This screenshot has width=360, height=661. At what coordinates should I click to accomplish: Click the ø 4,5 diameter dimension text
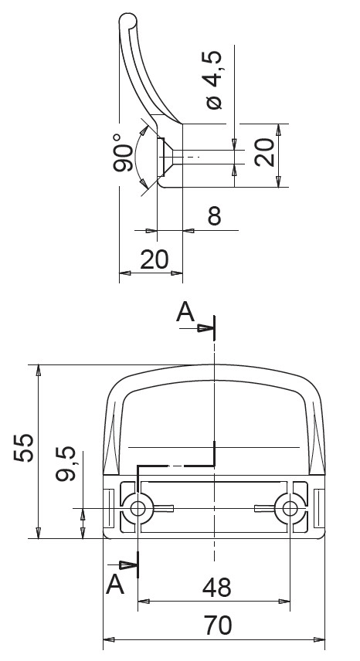tap(214, 80)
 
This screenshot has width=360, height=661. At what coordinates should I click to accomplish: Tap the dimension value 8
tap(214, 216)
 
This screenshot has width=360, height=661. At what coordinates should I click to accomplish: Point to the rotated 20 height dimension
tap(264, 153)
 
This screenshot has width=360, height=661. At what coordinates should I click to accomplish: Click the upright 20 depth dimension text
tap(155, 260)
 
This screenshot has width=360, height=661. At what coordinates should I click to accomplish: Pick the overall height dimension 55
tap(25, 448)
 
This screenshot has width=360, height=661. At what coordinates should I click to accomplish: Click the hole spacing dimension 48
tap(217, 588)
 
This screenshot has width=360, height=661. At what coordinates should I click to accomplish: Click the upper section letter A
tap(185, 312)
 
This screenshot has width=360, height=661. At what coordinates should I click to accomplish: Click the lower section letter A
tap(115, 582)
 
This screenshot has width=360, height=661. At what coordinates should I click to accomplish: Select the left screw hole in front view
tap(138, 507)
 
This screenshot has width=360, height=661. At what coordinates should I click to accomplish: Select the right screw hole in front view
tap(290, 507)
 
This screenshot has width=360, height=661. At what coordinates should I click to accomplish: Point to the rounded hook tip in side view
tap(126, 19)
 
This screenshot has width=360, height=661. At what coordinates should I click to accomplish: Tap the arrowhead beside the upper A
tap(205, 327)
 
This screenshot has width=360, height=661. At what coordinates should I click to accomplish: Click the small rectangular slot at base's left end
tap(110, 508)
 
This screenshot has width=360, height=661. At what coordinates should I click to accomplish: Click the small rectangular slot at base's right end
tap(318, 508)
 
